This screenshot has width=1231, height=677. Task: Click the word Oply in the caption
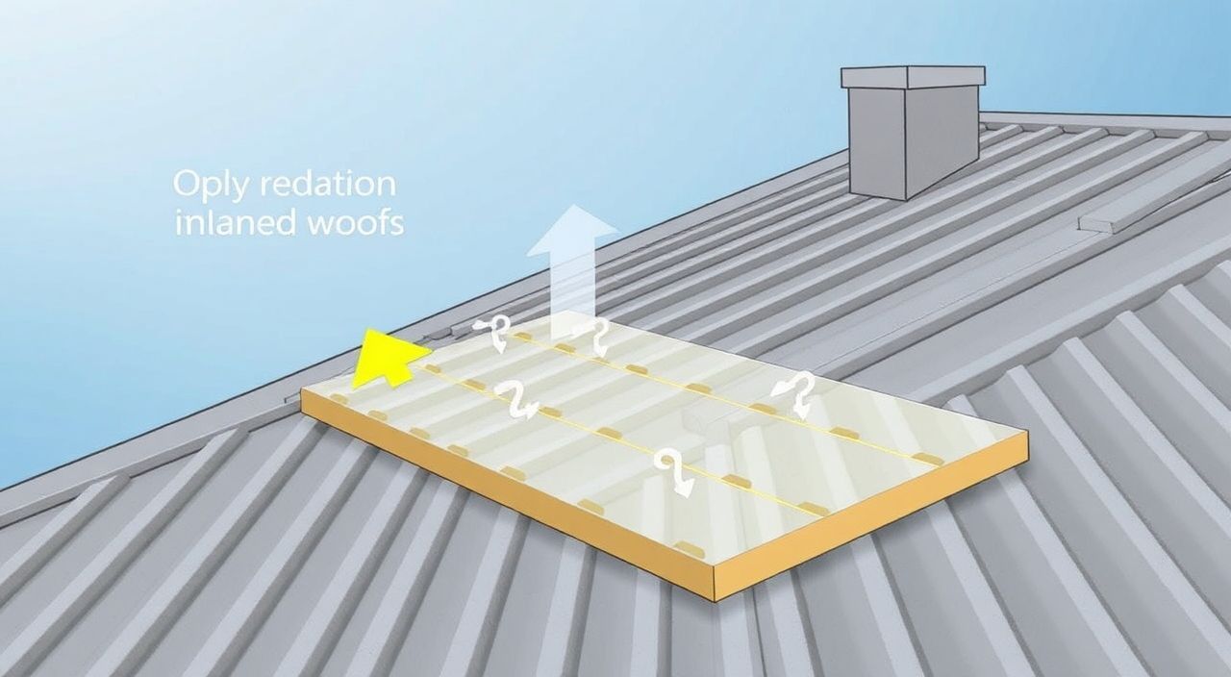[210, 186]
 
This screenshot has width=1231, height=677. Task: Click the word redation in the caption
[328, 184]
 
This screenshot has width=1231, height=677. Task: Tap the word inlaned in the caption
[237, 222]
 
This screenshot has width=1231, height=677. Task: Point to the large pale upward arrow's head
[572, 231]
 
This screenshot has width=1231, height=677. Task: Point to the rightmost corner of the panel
[1027, 432]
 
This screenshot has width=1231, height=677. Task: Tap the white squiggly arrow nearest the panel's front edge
[674, 471]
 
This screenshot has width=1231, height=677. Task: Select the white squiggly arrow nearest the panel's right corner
[793, 395]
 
